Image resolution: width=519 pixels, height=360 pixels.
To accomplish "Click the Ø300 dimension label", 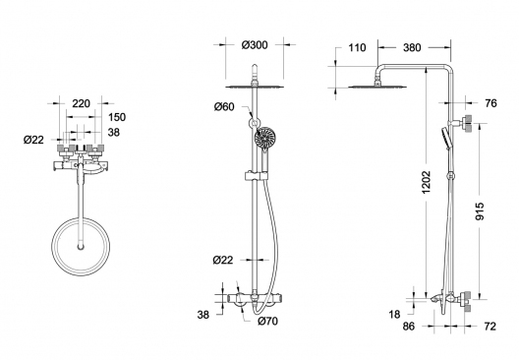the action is click(255, 45).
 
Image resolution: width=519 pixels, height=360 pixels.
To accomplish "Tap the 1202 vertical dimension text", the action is click(427, 182).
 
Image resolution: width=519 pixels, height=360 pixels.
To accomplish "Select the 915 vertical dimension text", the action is click(480, 211).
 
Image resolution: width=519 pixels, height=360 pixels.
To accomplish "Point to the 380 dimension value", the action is click(412, 47).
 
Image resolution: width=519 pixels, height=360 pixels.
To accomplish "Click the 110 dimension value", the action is click(357, 47).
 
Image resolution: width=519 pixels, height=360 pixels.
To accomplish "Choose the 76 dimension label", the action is click(491, 103).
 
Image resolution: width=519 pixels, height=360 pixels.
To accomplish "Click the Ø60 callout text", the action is click(224, 106).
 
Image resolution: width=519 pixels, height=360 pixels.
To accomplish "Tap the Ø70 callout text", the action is click(267, 321).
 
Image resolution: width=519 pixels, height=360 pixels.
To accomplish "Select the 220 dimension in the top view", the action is click(81, 103).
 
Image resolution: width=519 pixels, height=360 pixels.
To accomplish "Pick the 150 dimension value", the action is click(117, 117).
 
